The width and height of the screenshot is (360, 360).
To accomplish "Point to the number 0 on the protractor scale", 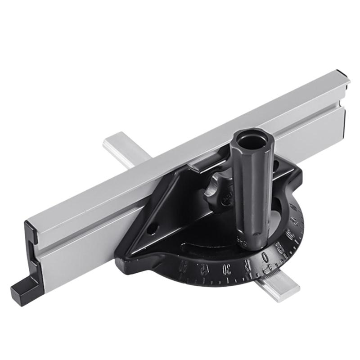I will pos(266,256).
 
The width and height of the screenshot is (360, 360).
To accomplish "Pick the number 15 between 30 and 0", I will pos(247,265).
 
